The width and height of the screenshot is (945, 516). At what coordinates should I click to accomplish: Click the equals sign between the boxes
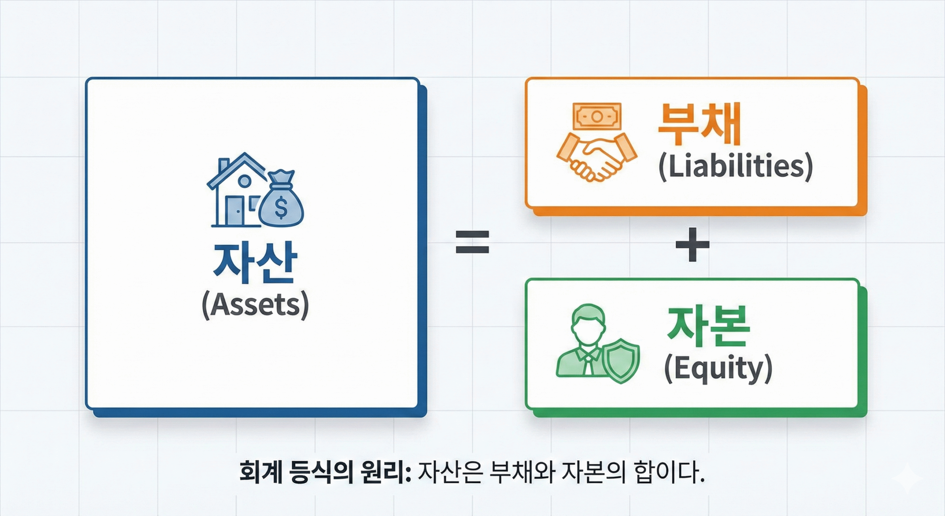[472, 242]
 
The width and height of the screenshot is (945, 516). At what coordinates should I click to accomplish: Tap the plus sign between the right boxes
[693, 244]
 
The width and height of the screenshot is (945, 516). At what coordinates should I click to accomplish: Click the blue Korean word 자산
[255, 263]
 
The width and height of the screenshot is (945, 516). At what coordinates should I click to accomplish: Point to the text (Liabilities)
[736, 166]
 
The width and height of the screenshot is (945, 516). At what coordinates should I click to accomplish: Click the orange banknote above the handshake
[597, 116]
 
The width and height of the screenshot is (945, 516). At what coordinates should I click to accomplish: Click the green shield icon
[621, 360]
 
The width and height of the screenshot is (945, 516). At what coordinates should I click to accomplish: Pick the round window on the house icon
[244, 181]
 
